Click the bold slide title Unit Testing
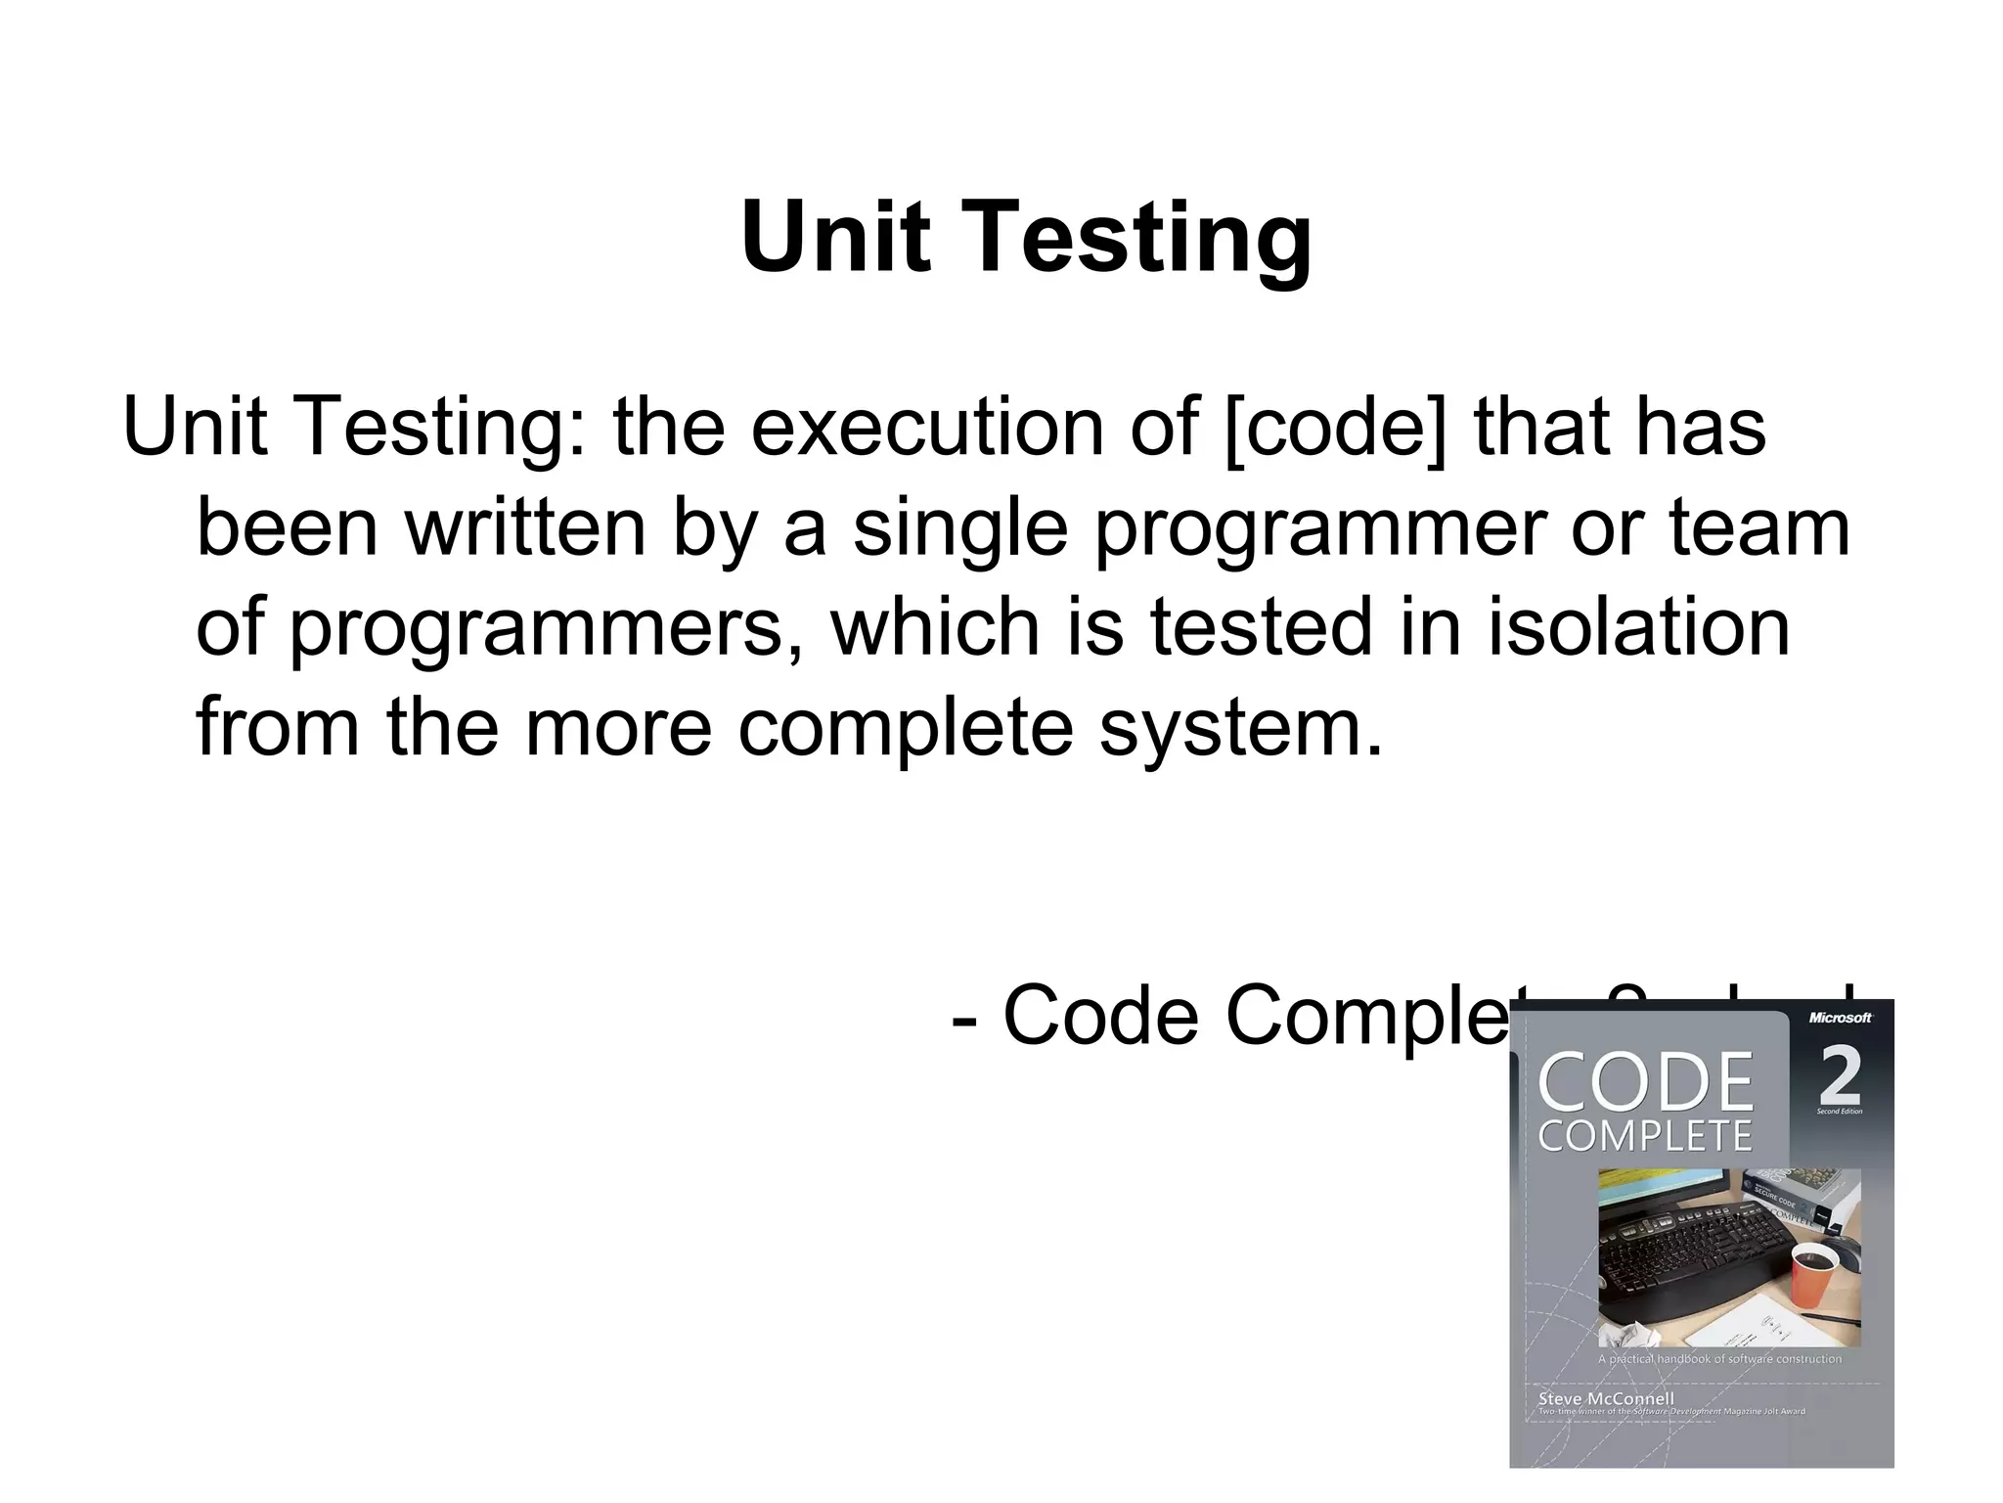click(x=1026, y=238)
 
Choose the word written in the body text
click(x=526, y=527)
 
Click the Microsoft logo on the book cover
click(x=1840, y=1018)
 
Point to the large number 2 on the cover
click(x=1840, y=1076)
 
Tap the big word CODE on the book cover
click(x=1646, y=1082)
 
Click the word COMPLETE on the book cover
click(x=1645, y=1136)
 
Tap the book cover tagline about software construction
click(x=1719, y=1359)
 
